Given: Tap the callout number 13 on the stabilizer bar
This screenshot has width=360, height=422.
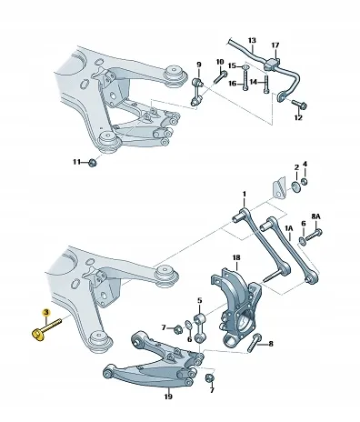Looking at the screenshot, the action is (x=252, y=40).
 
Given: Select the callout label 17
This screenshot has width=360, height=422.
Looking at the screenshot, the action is (x=275, y=45).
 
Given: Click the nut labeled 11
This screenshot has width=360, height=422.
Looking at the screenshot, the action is (x=94, y=163).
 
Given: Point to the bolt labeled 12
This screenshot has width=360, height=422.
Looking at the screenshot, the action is (x=299, y=105).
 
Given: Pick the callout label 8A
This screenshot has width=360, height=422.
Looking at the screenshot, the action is (x=315, y=216).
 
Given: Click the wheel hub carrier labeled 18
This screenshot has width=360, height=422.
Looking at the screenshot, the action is (x=238, y=306).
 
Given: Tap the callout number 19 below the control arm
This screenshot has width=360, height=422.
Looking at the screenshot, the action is (x=168, y=397).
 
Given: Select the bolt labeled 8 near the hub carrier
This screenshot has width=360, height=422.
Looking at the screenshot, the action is (x=255, y=343).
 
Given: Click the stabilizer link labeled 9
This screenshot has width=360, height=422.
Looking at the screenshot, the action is (x=197, y=92).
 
